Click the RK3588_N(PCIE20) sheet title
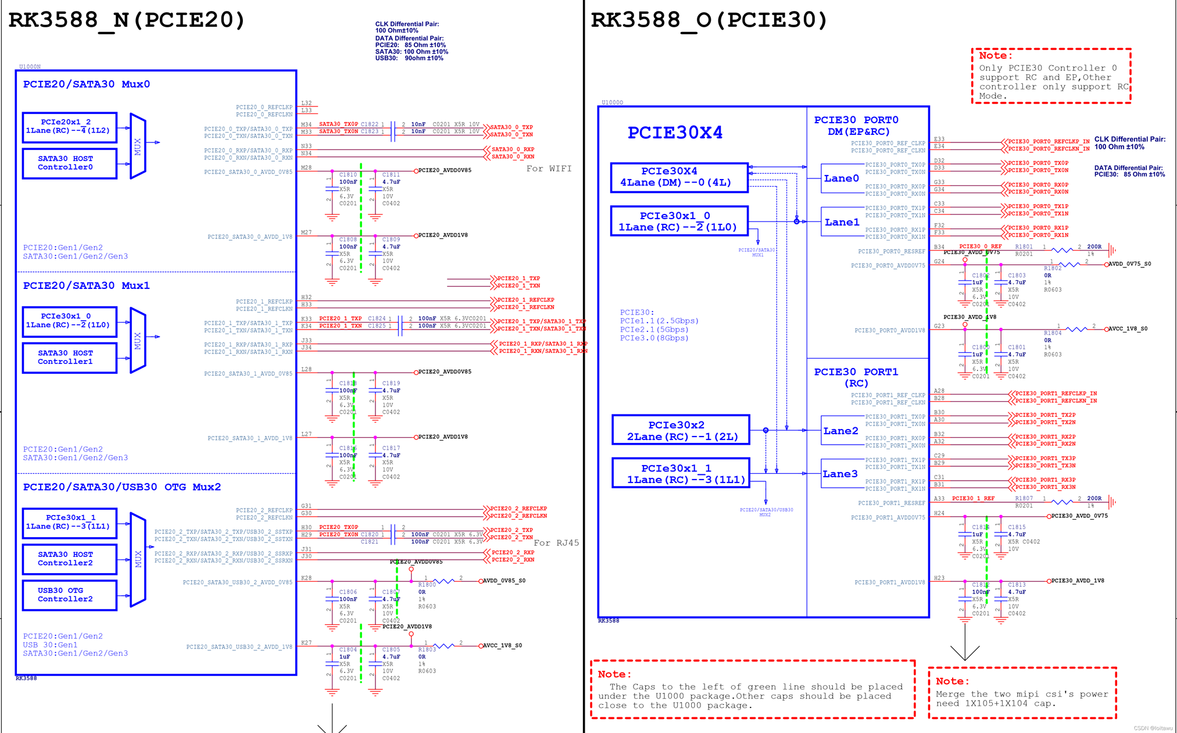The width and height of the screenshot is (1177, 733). tap(127, 20)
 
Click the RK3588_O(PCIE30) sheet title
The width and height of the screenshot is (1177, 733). tap(709, 20)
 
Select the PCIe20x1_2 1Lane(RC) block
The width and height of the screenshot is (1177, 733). tap(69, 127)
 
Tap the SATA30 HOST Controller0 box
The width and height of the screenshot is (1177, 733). tap(69, 163)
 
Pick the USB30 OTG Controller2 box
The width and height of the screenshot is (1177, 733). tap(69, 595)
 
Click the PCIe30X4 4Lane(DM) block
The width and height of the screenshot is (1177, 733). tap(679, 177)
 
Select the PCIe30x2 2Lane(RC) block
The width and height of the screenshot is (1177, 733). tap(681, 430)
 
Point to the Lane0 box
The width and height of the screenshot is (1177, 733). tap(840, 178)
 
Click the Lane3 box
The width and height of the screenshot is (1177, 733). tap(840, 474)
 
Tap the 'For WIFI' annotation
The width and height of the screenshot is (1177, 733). tap(549, 169)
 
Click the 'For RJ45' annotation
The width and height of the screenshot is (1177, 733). tap(556, 543)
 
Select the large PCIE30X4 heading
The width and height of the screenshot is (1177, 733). tap(675, 133)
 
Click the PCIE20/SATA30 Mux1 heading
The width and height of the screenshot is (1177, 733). tap(86, 285)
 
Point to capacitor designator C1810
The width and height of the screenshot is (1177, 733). tap(348, 174)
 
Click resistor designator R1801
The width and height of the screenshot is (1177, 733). tap(1024, 246)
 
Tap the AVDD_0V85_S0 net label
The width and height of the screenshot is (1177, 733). tap(505, 581)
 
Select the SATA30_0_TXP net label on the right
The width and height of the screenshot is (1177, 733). tap(511, 127)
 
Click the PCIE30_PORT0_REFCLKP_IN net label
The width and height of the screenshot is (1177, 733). tap(1049, 141)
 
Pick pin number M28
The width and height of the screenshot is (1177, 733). tap(306, 167)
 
